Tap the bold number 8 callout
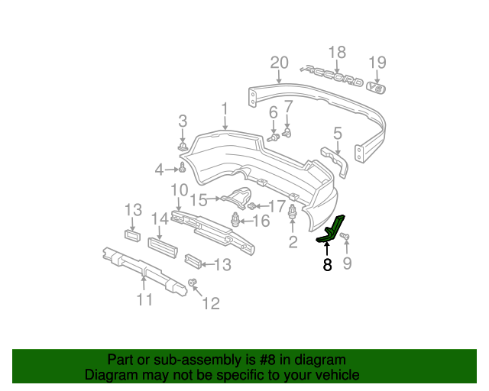point(327,265)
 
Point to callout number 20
point(279,63)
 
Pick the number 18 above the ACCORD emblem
point(337,52)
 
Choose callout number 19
point(377,62)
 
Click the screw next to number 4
point(183,169)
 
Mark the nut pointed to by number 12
point(193,285)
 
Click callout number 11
point(145,300)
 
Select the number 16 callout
point(261,221)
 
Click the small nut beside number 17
point(253,206)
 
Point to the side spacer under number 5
point(335,159)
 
